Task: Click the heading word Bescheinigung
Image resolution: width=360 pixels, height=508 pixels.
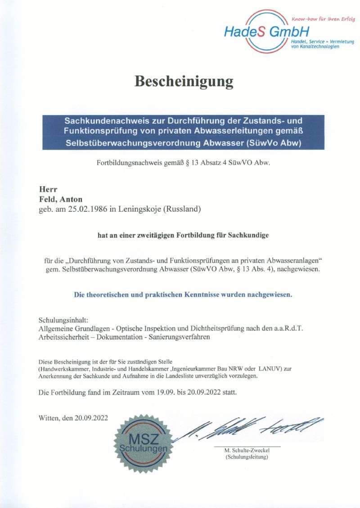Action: tap(184, 81)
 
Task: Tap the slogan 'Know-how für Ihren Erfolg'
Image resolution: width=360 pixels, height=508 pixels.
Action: tap(323, 19)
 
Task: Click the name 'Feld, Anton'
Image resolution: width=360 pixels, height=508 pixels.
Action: tap(60, 199)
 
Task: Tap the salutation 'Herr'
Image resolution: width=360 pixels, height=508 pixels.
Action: tap(48, 190)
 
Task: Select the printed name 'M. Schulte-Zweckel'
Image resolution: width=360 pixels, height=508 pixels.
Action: tap(247, 450)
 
